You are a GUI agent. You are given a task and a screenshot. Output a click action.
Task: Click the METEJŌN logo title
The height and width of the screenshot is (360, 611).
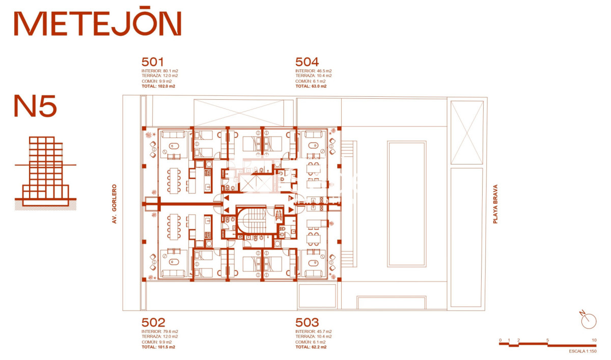click(x=98, y=21)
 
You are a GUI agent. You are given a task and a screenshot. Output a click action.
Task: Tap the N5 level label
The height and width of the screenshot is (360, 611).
click(x=36, y=106)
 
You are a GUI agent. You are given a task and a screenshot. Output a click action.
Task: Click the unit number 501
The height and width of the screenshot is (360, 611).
click(x=152, y=62)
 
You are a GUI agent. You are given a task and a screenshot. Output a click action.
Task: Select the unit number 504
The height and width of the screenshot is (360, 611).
click(x=307, y=62)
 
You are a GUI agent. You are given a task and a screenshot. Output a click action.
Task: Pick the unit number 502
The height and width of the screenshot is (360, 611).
click(x=153, y=323)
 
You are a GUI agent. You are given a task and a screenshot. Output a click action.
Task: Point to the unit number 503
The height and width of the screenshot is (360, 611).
click(x=307, y=323)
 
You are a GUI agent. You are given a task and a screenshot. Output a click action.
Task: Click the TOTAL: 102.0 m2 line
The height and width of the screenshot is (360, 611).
click(x=158, y=86)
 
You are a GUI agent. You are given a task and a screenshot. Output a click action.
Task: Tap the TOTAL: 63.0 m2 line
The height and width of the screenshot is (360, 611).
click(x=311, y=86)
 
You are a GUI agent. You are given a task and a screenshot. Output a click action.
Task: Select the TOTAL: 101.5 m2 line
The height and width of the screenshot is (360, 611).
click(x=158, y=347)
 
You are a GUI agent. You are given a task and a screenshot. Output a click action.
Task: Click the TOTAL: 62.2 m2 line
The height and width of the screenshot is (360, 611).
click(x=311, y=347)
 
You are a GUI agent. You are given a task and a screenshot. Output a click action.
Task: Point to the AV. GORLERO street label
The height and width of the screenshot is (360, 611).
click(x=114, y=204)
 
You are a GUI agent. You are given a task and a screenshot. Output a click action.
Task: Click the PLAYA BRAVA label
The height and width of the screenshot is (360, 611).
click(x=495, y=204)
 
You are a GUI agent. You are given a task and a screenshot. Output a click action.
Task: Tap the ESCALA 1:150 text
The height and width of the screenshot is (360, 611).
click(x=582, y=351)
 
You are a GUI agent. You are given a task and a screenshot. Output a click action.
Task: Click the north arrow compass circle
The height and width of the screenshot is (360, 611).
click(x=589, y=321)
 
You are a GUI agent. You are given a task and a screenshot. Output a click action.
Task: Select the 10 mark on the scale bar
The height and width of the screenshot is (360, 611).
click(x=594, y=340)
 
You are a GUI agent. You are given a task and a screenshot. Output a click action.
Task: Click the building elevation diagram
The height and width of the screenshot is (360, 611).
click(x=45, y=173)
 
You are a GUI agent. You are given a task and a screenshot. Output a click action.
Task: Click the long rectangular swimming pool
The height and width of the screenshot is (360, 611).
click(x=406, y=204)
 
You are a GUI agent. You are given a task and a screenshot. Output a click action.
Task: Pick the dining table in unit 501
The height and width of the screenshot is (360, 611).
click(x=174, y=181)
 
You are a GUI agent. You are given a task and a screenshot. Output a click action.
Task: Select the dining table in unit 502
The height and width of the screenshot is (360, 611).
click(x=174, y=227)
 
